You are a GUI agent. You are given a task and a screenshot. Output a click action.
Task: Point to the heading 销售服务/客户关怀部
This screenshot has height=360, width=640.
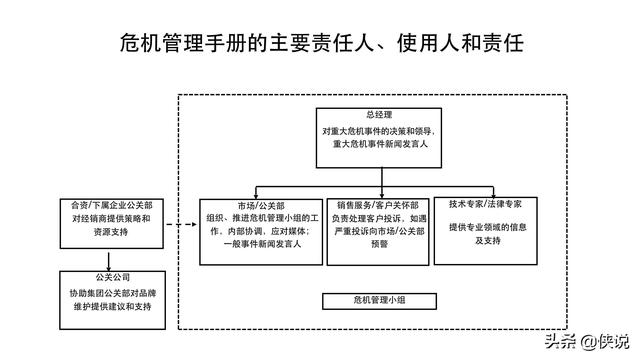pyautogui.click(x=379, y=205)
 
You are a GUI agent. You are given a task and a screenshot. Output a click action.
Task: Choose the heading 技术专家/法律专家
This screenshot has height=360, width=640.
pyautogui.click(x=487, y=203)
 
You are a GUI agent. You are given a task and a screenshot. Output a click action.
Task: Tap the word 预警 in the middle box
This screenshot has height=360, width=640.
pyautogui.click(x=379, y=243)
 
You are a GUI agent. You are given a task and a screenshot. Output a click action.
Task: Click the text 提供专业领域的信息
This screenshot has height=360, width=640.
pyautogui.click(x=487, y=228)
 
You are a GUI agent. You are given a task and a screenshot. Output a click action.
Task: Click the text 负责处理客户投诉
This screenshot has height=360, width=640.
pyautogui.click(x=365, y=217)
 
